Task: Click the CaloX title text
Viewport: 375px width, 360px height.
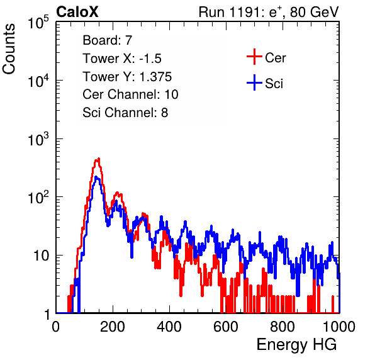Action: pyautogui.click(x=77, y=12)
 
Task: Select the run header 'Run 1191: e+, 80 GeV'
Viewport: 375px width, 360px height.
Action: pyautogui.click(x=269, y=12)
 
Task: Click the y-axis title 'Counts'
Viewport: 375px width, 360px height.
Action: pyautogui.click(x=9, y=49)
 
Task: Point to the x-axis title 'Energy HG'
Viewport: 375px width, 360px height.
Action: pyautogui.click(x=296, y=345)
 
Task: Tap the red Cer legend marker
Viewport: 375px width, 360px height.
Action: pyautogui.click(x=254, y=57)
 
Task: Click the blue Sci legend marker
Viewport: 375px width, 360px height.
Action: pyautogui.click(x=254, y=82)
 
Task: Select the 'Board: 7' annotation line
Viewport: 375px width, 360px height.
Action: pyautogui.click(x=108, y=40)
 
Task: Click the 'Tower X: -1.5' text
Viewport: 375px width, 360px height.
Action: pyautogui.click(x=122, y=59)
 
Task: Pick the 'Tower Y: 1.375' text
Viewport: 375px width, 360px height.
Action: pyautogui.click(x=127, y=77)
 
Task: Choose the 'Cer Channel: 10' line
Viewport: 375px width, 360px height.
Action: pyautogui.click(x=130, y=94)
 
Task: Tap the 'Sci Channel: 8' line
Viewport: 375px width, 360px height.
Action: pyautogui.click(x=125, y=113)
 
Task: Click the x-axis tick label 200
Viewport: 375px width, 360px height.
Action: pyautogui.click(x=113, y=327)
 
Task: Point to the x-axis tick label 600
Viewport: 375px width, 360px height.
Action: pyautogui.click(x=226, y=327)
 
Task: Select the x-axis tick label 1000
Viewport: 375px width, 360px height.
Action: pyautogui.click(x=339, y=327)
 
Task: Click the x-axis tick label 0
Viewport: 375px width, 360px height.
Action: pyautogui.click(x=56, y=327)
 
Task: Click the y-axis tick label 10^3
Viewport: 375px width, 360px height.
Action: pyautogui.click(x=38, y=139)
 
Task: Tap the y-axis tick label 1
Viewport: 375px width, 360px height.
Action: pyautogui.click(x=47, y=315)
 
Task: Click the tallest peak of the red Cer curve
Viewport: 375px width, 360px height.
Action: pyautogui.click(x=98, y=159)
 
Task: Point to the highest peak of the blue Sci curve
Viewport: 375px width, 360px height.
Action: pyautogui.click(x=96, y=177)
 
